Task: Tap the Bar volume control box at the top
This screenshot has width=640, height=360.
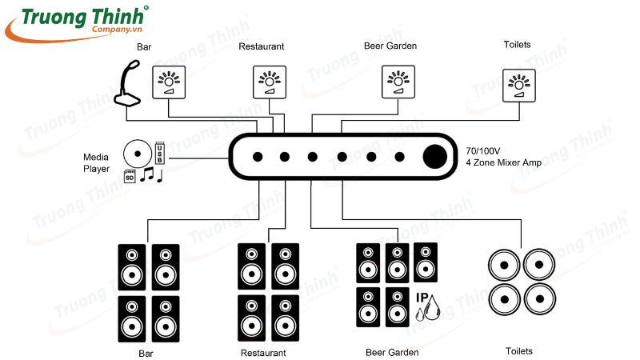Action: (x=169, y=83)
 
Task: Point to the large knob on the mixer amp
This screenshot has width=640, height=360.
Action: (x=436, y=156)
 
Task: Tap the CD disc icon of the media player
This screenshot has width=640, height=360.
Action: (x=137, y=154)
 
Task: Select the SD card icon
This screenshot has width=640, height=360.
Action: (x=130, y=177)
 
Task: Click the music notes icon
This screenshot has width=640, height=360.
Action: (x=151, y=174)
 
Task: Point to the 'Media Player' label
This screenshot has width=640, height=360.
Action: (x=97, y=162)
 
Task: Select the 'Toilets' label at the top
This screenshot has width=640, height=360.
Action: (x=517, y=45)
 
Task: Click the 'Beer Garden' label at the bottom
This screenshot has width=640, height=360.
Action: (x=392, y=352)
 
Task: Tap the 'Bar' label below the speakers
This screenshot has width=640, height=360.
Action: (x=146, y=352)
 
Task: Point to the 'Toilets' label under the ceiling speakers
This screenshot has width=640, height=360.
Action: (x=518, y=351)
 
